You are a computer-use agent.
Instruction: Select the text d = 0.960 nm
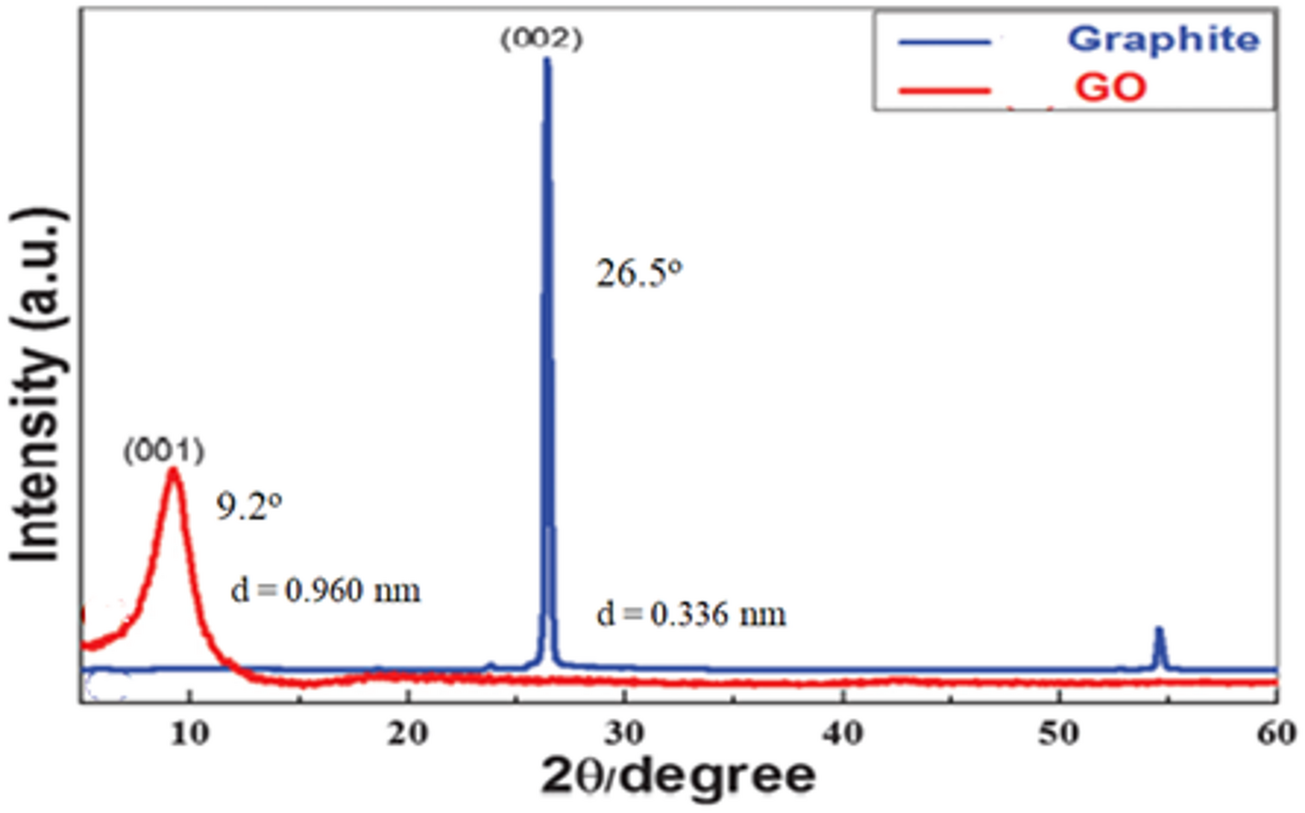tap(325, 591)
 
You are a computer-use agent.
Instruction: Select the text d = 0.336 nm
tap(690, 615)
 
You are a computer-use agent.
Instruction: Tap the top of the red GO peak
tap(173, 471)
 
